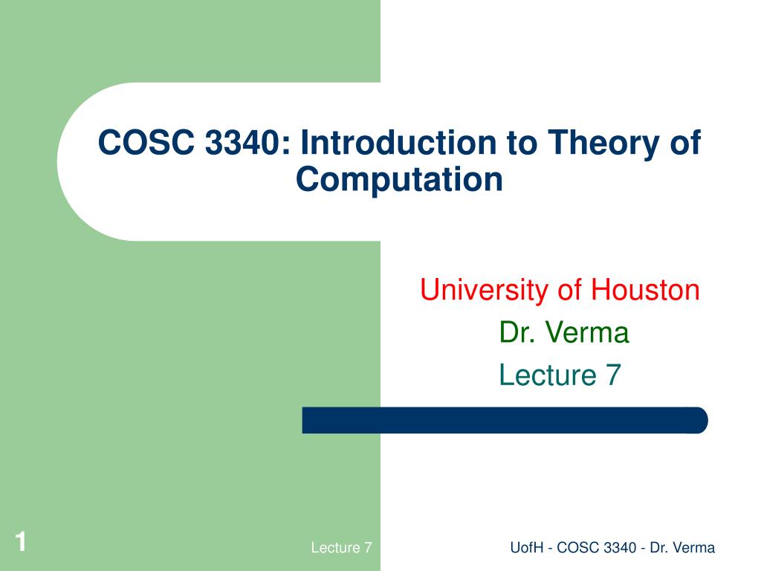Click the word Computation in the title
click(399, 180)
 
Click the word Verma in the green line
click(588, 332)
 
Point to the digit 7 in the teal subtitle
click(612, 375)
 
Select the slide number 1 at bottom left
click(21, 543)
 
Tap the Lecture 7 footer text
click(341, 549)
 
